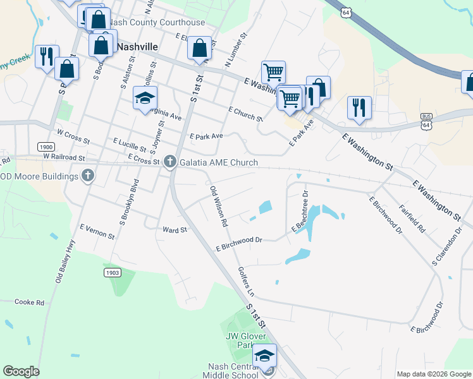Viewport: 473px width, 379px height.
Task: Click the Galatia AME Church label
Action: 219,163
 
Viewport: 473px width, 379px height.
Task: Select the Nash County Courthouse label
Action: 157,23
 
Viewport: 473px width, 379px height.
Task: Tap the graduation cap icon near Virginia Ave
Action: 145,99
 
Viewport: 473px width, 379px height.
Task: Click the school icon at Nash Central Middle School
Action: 266,358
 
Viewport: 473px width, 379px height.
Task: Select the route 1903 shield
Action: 112,272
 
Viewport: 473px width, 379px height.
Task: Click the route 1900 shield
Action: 46,147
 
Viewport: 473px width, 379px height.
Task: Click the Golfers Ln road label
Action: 245,282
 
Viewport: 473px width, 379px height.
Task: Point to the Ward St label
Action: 175,230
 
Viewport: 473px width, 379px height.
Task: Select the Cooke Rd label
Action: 29,303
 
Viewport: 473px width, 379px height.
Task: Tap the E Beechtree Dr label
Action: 300,211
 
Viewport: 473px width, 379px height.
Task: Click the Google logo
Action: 21,371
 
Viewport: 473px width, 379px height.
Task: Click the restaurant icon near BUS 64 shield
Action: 359,107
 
